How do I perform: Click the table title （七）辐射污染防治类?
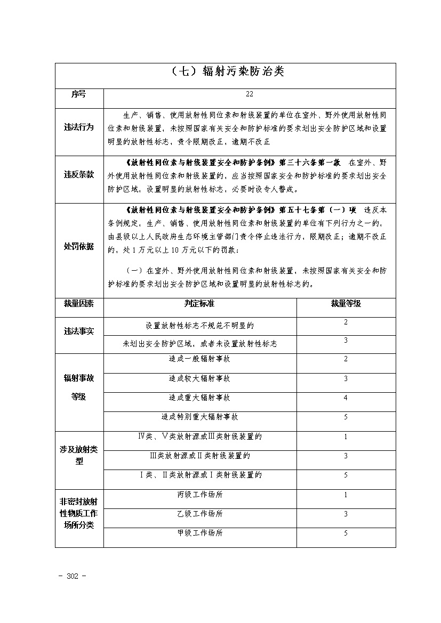tap(225, 72)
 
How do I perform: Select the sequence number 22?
tap(250, 94)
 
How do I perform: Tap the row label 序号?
tap(79, 94)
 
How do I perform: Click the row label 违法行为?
tap(79, 128)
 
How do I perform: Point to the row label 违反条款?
tap(79, 175)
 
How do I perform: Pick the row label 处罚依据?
tap(79, 246)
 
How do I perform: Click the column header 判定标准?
tap(199, 304)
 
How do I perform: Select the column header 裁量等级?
tap(346, 304)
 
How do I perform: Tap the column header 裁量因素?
tap(79, 304)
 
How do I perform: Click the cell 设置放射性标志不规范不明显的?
tap(199, 325)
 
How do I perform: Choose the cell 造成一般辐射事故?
tap(199, 359)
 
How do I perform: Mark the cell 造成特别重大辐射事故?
tap(199, 417)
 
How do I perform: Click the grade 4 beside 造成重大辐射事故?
tap(346, 398)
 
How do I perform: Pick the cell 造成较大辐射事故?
tap(199, 379)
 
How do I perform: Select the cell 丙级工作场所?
tap(199, 495)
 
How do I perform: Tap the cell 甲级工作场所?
tap(199, 533)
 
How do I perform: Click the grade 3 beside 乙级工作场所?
tap(346, 514)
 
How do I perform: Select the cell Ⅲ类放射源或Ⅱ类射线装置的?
tap(199, 456)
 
